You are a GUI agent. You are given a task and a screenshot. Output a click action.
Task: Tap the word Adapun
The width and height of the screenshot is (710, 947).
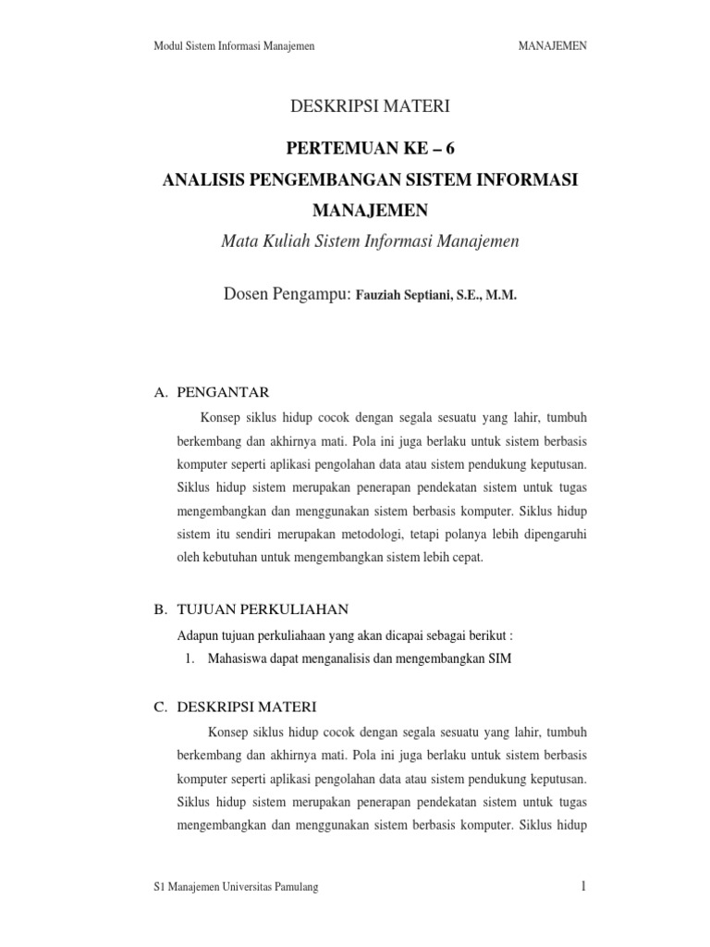tap(195, 635)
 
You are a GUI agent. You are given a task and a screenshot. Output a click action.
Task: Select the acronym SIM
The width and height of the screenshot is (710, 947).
tap(499, 658)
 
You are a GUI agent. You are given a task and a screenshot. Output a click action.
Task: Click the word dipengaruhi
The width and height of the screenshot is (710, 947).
tap(555, 534)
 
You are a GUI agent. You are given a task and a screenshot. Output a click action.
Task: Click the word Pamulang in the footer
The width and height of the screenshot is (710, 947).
tap(293, 888)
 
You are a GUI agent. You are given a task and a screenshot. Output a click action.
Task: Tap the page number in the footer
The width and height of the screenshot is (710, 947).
tap(584, 887)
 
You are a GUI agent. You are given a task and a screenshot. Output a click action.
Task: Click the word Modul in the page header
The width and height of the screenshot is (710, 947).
tap(165, 44)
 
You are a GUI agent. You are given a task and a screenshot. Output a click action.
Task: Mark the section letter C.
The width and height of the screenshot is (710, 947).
tap(159, 707)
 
